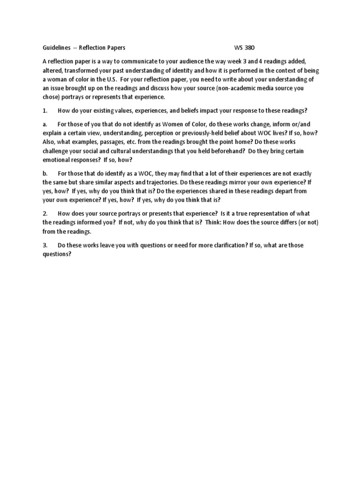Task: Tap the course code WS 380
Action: [x=245, y=48]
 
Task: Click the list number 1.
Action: [x=45, y=110]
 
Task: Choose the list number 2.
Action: [x=45, y=214]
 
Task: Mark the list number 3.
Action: [x=45, y=245]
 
